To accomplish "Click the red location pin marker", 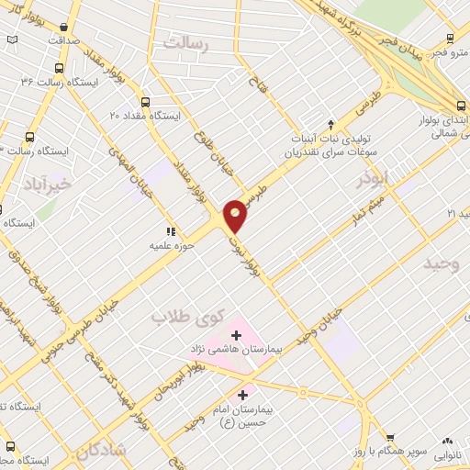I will [x=236, y=215].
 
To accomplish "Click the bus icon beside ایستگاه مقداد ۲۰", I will [x=145, y=102].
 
